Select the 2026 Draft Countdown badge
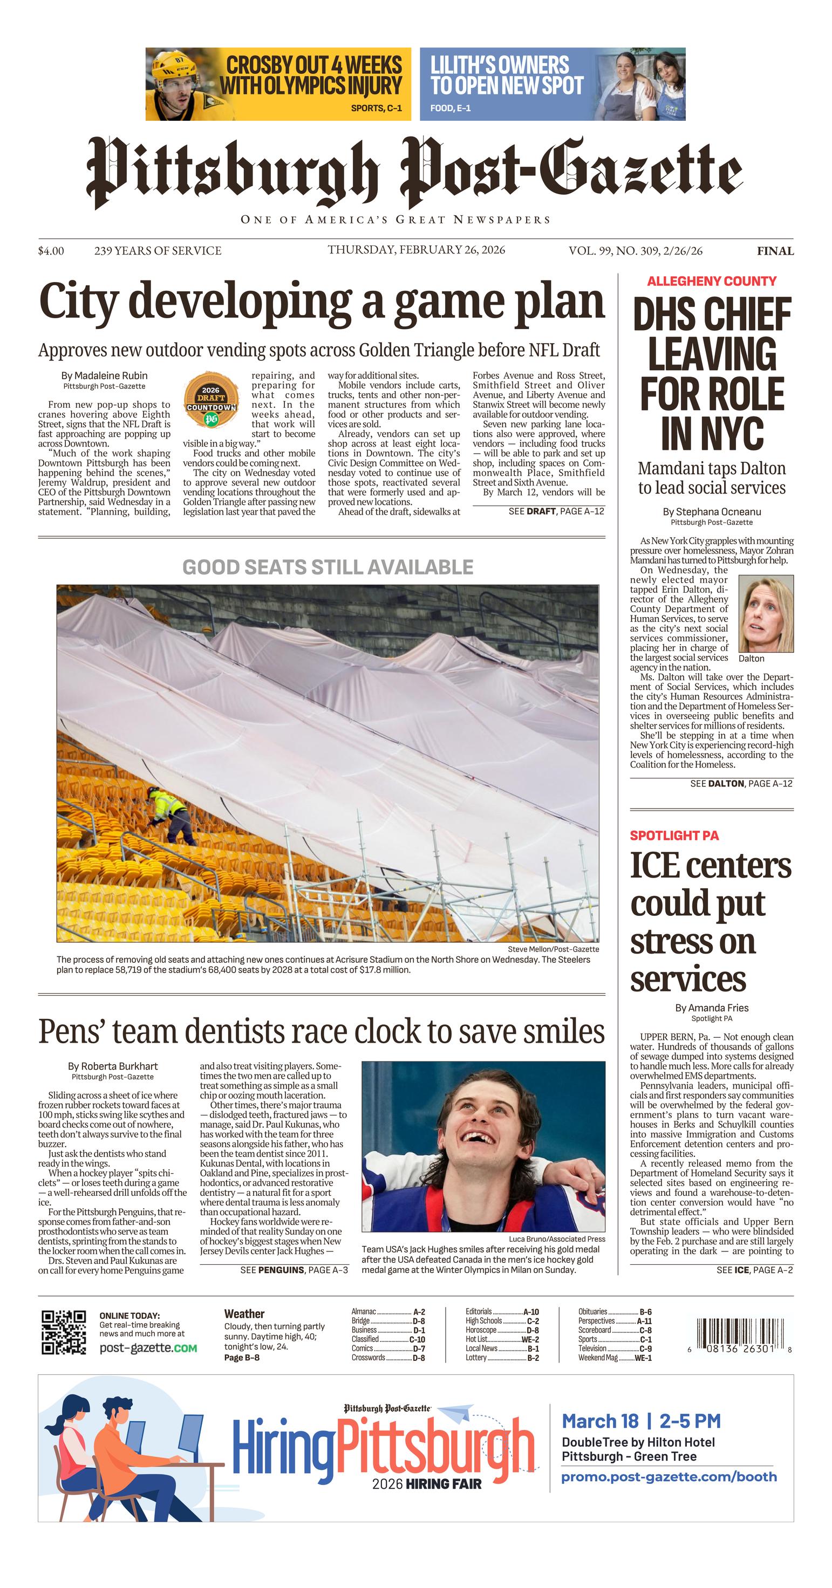(212, 400)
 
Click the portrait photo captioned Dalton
(766, 613)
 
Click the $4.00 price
(51, 251)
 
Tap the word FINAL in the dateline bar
(775, 251)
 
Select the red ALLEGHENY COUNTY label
(711, 281)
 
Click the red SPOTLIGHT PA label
(674, 836)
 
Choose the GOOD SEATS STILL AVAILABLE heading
(328, 567)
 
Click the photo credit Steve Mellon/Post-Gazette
(553, 949)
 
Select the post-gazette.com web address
(148, 1348)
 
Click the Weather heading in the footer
(244, 1313)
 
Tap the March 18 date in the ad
(599, 1421)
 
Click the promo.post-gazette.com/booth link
(669, 1477)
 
